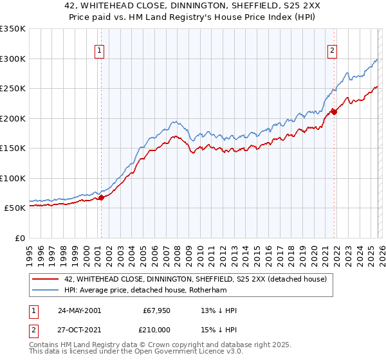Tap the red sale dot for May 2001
click(x=101, y=198)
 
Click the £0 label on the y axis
click(x=19, y=238)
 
